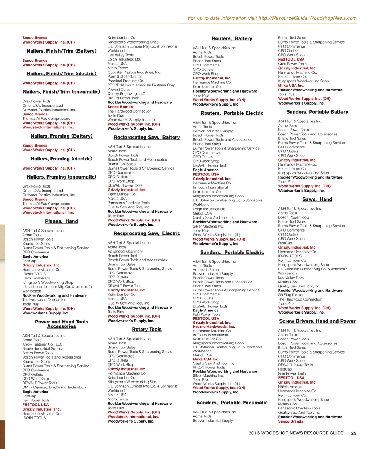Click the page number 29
click(x=353, y=433)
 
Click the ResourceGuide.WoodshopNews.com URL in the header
click(x=307, y=18)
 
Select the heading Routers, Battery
click(x=232, y=38)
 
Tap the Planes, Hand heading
click(x=61, y=221)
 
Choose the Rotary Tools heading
click(x=147, y=329)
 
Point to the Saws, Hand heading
click(x=317, y=199)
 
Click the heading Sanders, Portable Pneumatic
click(x=232, y=403)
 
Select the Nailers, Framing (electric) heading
click(x=61, y=159)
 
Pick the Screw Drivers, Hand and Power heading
click(x=317, y=321)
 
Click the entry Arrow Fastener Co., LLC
click(x=42, y=344)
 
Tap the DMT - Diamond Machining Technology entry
click(x=54, y=387)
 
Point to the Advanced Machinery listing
click(x=125, y=251)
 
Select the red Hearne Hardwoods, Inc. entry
click(x=214, y=327)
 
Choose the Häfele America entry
click(x=291, y=387)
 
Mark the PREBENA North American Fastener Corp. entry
click(x=142, y=85)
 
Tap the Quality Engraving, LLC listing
click(x=126, y=94)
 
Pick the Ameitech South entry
click(x=206, y=270)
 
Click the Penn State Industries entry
click(x=125, y=77)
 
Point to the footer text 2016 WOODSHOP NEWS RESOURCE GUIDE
click(x=296, y=433)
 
